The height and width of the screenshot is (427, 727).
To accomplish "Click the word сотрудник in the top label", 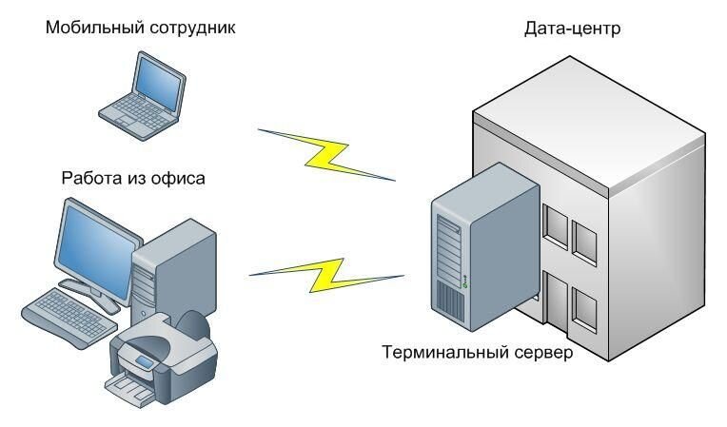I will [191, 28].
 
